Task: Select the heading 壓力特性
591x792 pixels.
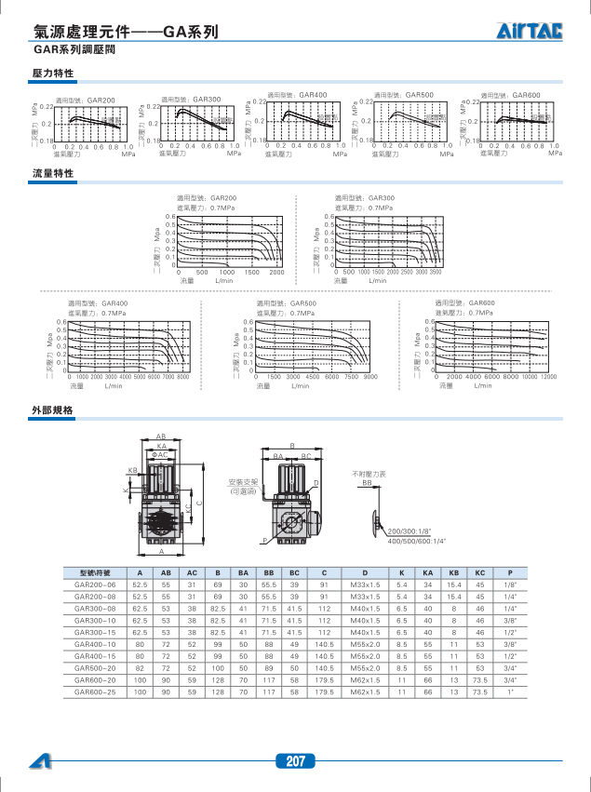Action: [52, 73]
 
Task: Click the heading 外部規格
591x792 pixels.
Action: [52, 410]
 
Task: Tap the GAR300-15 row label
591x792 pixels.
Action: [95, 632]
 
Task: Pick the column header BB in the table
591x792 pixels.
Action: [268, 572]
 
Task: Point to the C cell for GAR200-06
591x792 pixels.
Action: [324, 584]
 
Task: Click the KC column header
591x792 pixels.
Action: [479, 572]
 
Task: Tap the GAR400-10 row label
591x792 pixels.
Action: [95, 644]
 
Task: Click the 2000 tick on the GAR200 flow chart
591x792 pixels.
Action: [275, 272]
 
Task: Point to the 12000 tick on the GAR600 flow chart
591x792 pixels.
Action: [549, 376]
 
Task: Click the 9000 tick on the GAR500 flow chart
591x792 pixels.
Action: [369, 376]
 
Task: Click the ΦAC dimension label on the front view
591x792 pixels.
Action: [160, 454]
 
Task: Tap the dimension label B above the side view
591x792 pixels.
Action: [291, 446]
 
